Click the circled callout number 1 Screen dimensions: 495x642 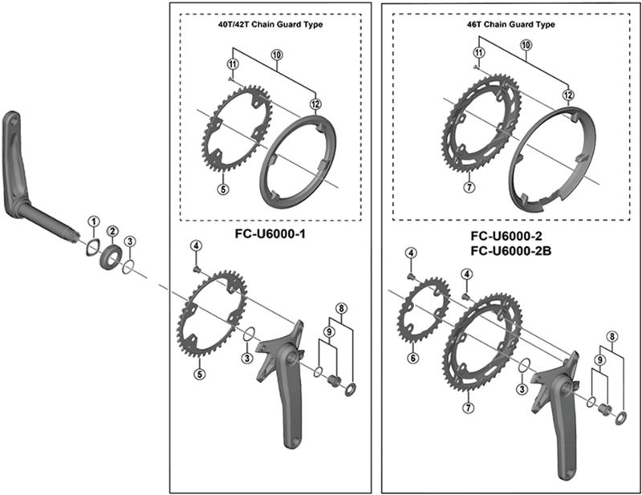93,221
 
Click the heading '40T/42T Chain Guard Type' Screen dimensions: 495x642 271,24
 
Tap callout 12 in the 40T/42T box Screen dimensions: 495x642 317,103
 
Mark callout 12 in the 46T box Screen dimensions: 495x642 567,95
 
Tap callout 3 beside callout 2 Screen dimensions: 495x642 132,242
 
